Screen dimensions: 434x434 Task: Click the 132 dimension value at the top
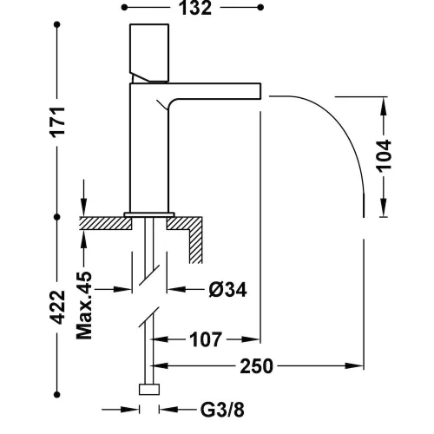click(195, 9)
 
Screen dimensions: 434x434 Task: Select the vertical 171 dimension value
click(57, 122)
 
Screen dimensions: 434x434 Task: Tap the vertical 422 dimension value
click(57, 306)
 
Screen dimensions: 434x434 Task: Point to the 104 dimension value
click(384, 156)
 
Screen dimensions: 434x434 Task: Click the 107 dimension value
click(206, 339)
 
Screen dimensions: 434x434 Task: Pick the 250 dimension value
click(257, 366)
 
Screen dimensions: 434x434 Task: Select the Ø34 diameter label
click(227, 290)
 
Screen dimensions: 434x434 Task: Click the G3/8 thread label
click(222, 410)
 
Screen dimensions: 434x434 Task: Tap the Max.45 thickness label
click(84, 306)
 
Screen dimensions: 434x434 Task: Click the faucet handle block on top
click(149, 53)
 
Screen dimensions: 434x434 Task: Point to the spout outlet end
click(260, 91)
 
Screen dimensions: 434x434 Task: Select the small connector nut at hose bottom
click(149, 390)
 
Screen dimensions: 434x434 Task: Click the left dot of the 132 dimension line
click(124, 8)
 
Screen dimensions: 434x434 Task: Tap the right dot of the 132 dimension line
click(260, 8)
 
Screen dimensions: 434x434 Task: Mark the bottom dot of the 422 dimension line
click(57, 394)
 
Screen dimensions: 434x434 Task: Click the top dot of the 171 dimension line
click(57, 25)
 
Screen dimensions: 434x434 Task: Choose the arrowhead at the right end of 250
click(354, 366)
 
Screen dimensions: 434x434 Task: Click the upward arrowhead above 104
click(384, 106)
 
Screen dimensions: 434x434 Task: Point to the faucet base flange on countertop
click(149, 214)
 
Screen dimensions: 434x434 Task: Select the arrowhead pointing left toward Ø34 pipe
click(176, 289)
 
